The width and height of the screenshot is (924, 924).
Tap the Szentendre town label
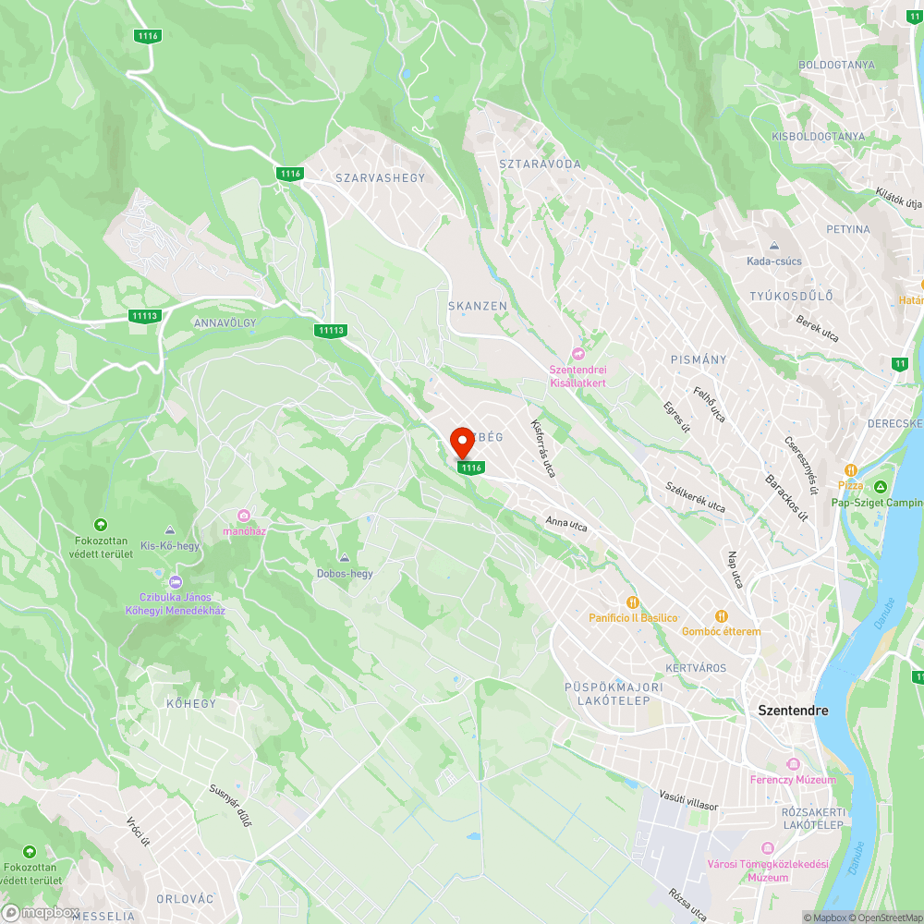[793, 711]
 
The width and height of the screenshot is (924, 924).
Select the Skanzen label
[478, 306]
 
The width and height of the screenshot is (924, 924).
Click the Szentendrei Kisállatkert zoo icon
[579, 354]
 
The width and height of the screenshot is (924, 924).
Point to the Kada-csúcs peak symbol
[774, 246]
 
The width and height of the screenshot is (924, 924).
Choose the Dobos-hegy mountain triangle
[345, 558]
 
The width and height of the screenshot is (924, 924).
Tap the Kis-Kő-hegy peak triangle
[170, 530]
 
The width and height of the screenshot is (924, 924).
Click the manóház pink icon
[244, 516]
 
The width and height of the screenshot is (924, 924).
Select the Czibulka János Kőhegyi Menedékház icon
[176, 582]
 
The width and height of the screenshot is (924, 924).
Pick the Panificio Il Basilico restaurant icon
[634, 602]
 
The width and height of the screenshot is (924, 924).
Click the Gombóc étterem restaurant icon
[721, 615]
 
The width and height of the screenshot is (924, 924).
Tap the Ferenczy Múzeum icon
[792, 764]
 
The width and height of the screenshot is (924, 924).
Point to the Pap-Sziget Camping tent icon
[881, 486]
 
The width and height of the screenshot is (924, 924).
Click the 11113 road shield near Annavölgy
[146, 316]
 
